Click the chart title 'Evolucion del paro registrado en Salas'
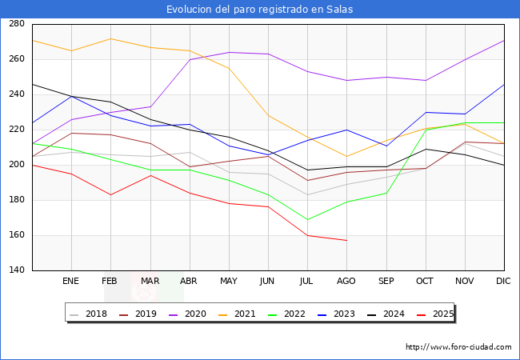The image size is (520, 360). (x=260, y=9)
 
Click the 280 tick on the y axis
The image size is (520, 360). (x=15, y=24)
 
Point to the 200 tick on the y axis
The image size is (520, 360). (x=15, y=165)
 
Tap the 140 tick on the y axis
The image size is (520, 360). (x=15, y=270)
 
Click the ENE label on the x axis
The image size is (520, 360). (x=71, y=281)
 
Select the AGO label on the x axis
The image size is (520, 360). (x=346, y=281)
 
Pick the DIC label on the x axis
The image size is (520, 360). (x=503, y=281)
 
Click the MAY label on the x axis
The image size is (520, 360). (x=229, y=281)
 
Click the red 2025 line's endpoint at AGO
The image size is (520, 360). (x=346, y=241)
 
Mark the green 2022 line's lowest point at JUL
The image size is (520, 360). (x=307, y=219)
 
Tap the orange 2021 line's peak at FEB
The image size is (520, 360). (x=110, y=38)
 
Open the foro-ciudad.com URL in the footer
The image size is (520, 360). (x=458, y=347)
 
